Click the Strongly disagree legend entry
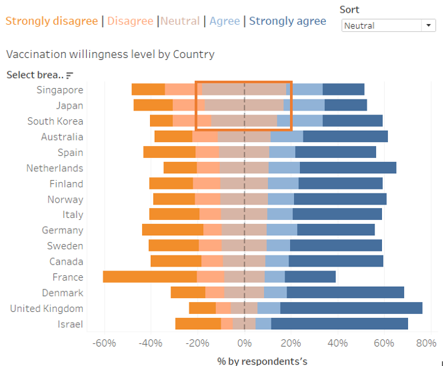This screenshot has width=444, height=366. pyautogui.click(x=51, y=21)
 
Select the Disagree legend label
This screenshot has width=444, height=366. pyautogui.click(x=130, y=21)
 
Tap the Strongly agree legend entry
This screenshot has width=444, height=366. pyautogui.click(x=287, y=21)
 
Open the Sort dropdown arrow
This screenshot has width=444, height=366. pyautogui.click(x=427, y=25)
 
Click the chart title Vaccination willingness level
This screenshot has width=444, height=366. pyautogui.click(x=110, y=54)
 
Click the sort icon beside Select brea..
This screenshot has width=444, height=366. pyautogui.click(x=69, y=75)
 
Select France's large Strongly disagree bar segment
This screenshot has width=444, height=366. pyautogui.click(x=150, y=277)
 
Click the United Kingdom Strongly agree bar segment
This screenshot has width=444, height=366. pyautogui.click(x=351, y=308)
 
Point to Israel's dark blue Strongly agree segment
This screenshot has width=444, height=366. pyautogui.click(x=339, y=324)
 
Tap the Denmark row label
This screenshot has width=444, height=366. pyautogui.click(x=63, y=293)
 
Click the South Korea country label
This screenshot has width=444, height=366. pyautogui.click(x=55, y=121)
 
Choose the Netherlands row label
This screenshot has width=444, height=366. pyautogui.click(x=55, y=168)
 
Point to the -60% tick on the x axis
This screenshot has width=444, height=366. pyautogui.click(x=104, y=344)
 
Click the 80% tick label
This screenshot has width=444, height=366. pyautogui.click(x=426, y=344)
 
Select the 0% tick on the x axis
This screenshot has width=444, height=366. pyautogui.click(x=245, y=344)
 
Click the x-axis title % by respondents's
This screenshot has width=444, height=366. pyautogui.click(x=262, y=361)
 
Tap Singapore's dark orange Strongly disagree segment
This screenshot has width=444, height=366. pyautogui.click(x=148, y=89)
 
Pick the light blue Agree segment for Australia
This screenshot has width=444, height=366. pyautogui.click(x=287, y=136)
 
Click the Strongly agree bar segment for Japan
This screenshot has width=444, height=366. pyautogui.click(x=345, y=105)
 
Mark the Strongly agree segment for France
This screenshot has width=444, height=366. pyautogui.click(x=310, y=277)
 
